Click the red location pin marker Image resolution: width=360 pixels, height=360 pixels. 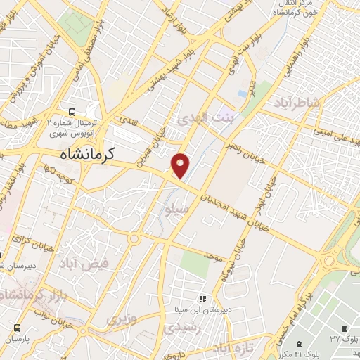[181, 166]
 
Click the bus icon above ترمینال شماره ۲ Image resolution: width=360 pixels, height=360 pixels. [72, 112]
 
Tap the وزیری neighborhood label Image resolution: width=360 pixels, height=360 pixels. [120, 319]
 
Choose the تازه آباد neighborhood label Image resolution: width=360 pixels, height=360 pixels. [231, 349]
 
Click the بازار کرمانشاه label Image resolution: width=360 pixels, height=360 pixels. [27, 300]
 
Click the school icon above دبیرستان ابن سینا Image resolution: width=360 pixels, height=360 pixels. [203, 298]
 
